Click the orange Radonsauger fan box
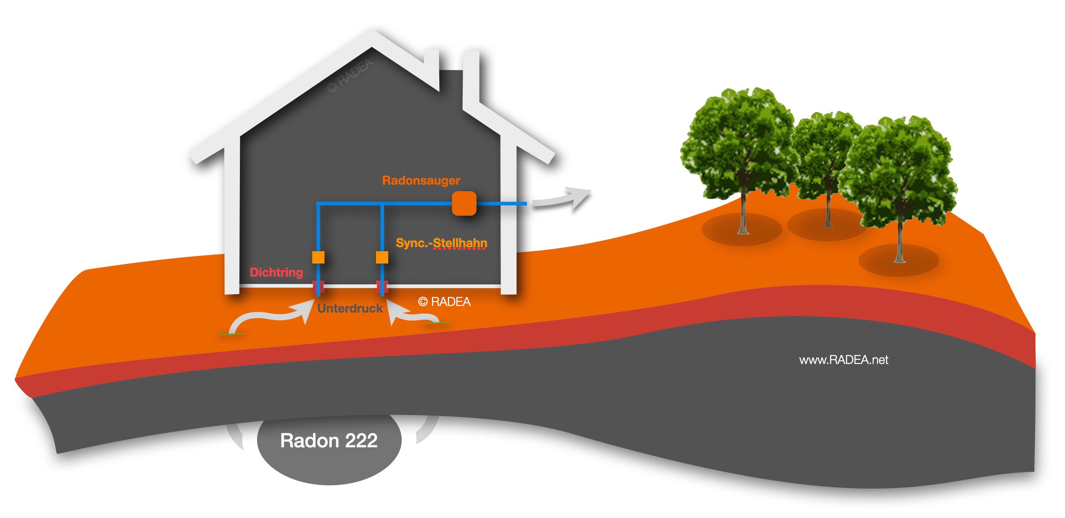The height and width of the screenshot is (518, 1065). coord(464,203)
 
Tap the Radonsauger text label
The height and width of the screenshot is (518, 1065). coord(421,180)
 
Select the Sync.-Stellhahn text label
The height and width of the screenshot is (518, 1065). coord(441,243)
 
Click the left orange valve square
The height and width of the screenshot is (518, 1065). coord(318,257)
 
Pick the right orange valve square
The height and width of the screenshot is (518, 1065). coord(382,257)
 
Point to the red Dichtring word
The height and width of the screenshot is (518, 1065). coord(276,272)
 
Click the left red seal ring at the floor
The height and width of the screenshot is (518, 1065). coord(318,286)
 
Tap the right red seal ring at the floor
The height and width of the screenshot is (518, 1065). coord(382,286)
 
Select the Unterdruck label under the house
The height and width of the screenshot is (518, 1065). coord(350,308)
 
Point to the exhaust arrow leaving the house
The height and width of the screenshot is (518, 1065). coord(562,199)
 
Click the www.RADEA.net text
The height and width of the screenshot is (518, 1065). coord(843,359)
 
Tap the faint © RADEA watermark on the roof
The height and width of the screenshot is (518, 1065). coord(350,76)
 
